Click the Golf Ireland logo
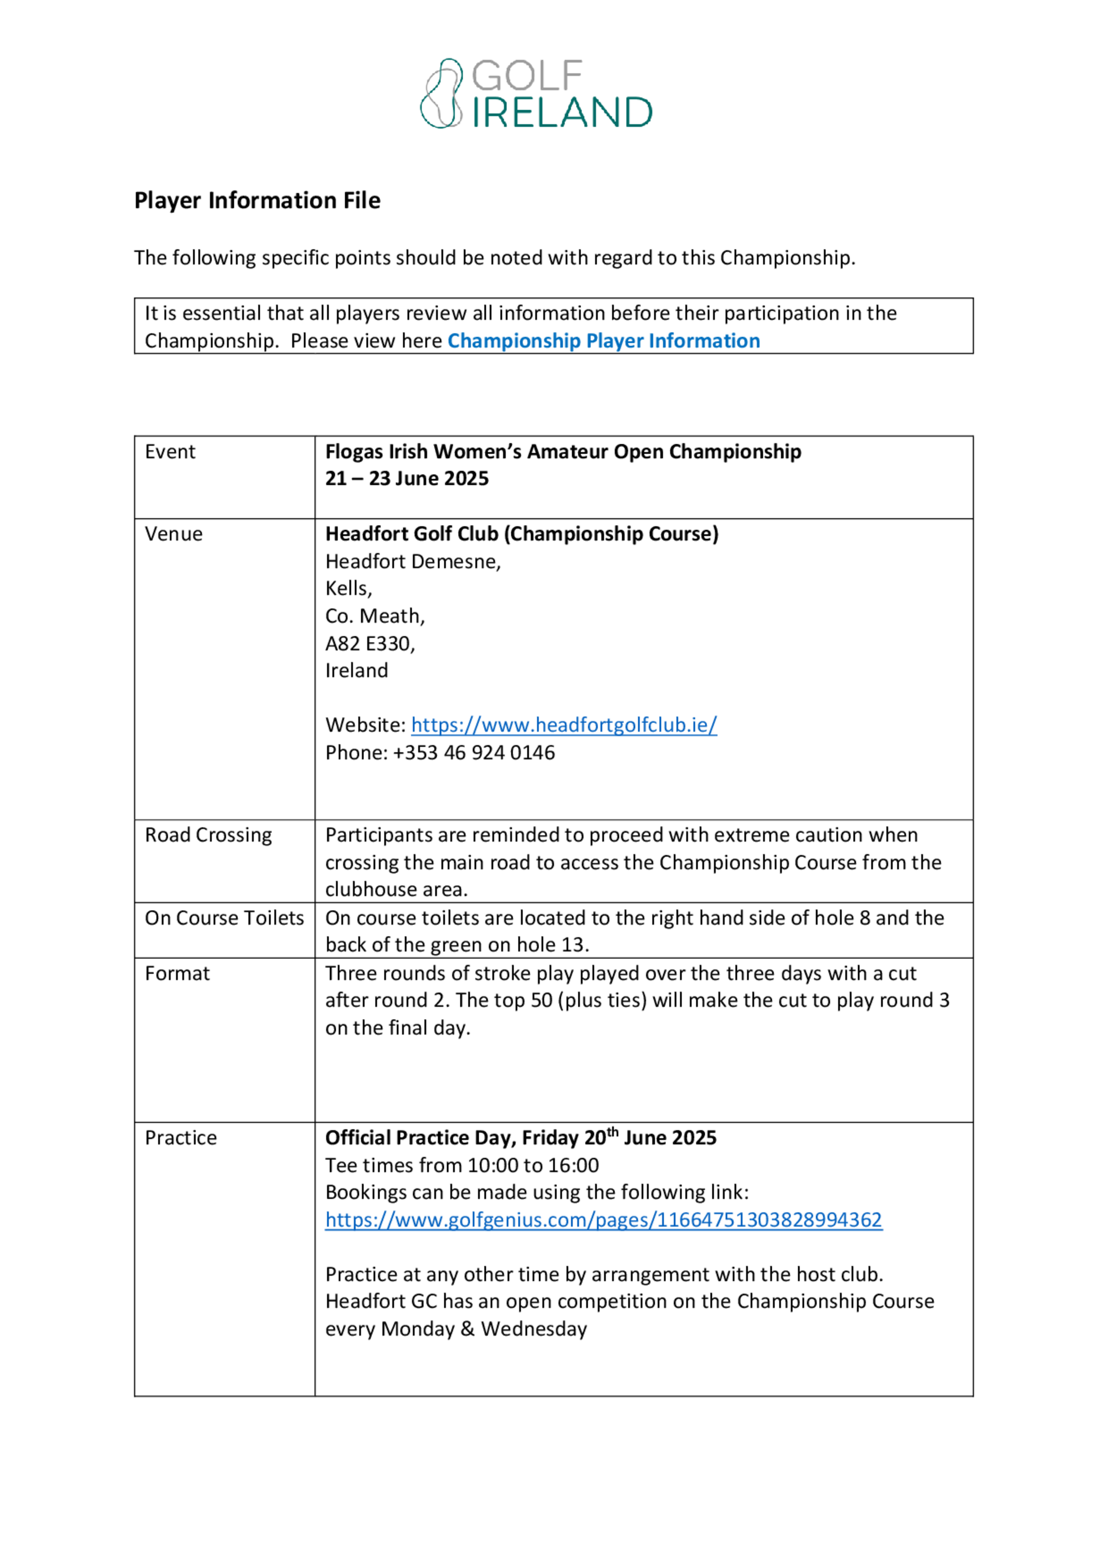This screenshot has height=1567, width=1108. pyautogui.click(x=536, y=94)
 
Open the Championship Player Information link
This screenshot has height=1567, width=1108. pyautogui.click(x=603, y=341)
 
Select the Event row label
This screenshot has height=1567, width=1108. pyautogui.click(x=170, y=452)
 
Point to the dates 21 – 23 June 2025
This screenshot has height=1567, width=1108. pyautogui.click(x=407, y=479)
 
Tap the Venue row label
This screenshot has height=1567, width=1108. pyautogui.click(x=173, y=534)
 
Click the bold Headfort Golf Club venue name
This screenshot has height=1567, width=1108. pyautogui.click(x=521, y=534)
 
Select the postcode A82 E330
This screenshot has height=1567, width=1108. pyautogui.click(x=370, y=643)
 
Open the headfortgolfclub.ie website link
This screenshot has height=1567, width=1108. pyautogui.click(x=564, y=725)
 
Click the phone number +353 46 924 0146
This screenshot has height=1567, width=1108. pyautogui.click(x=474, y=752)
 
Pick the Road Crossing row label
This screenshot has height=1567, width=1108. pyautogui.click(x=208, y=835)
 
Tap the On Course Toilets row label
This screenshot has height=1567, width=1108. pyautogui.click(x=224, y=918)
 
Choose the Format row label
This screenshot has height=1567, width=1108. pyautogui.click(x=177, y=973)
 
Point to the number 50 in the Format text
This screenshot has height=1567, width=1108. pyautogui.click(x=541, y=1000)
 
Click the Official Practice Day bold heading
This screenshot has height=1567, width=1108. pyautogui.click(x=520, y=1138)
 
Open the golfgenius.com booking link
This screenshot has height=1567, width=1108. pyautogui.click(x=603, y=1220)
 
